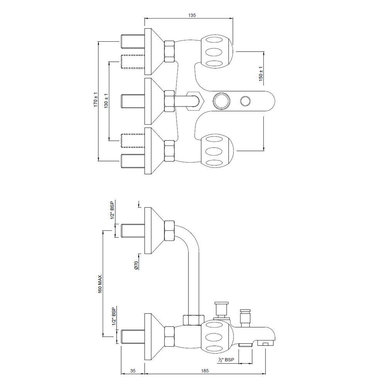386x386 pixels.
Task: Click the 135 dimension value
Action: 192,15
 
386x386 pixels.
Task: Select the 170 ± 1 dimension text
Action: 95,100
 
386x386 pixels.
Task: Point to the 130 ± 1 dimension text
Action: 106,101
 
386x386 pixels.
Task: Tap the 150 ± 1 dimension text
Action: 261,74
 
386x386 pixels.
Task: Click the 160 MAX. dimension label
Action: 100,283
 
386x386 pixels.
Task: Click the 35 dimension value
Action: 133,371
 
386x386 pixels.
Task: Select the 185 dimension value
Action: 205,371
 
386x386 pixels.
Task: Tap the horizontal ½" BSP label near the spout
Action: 226,360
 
